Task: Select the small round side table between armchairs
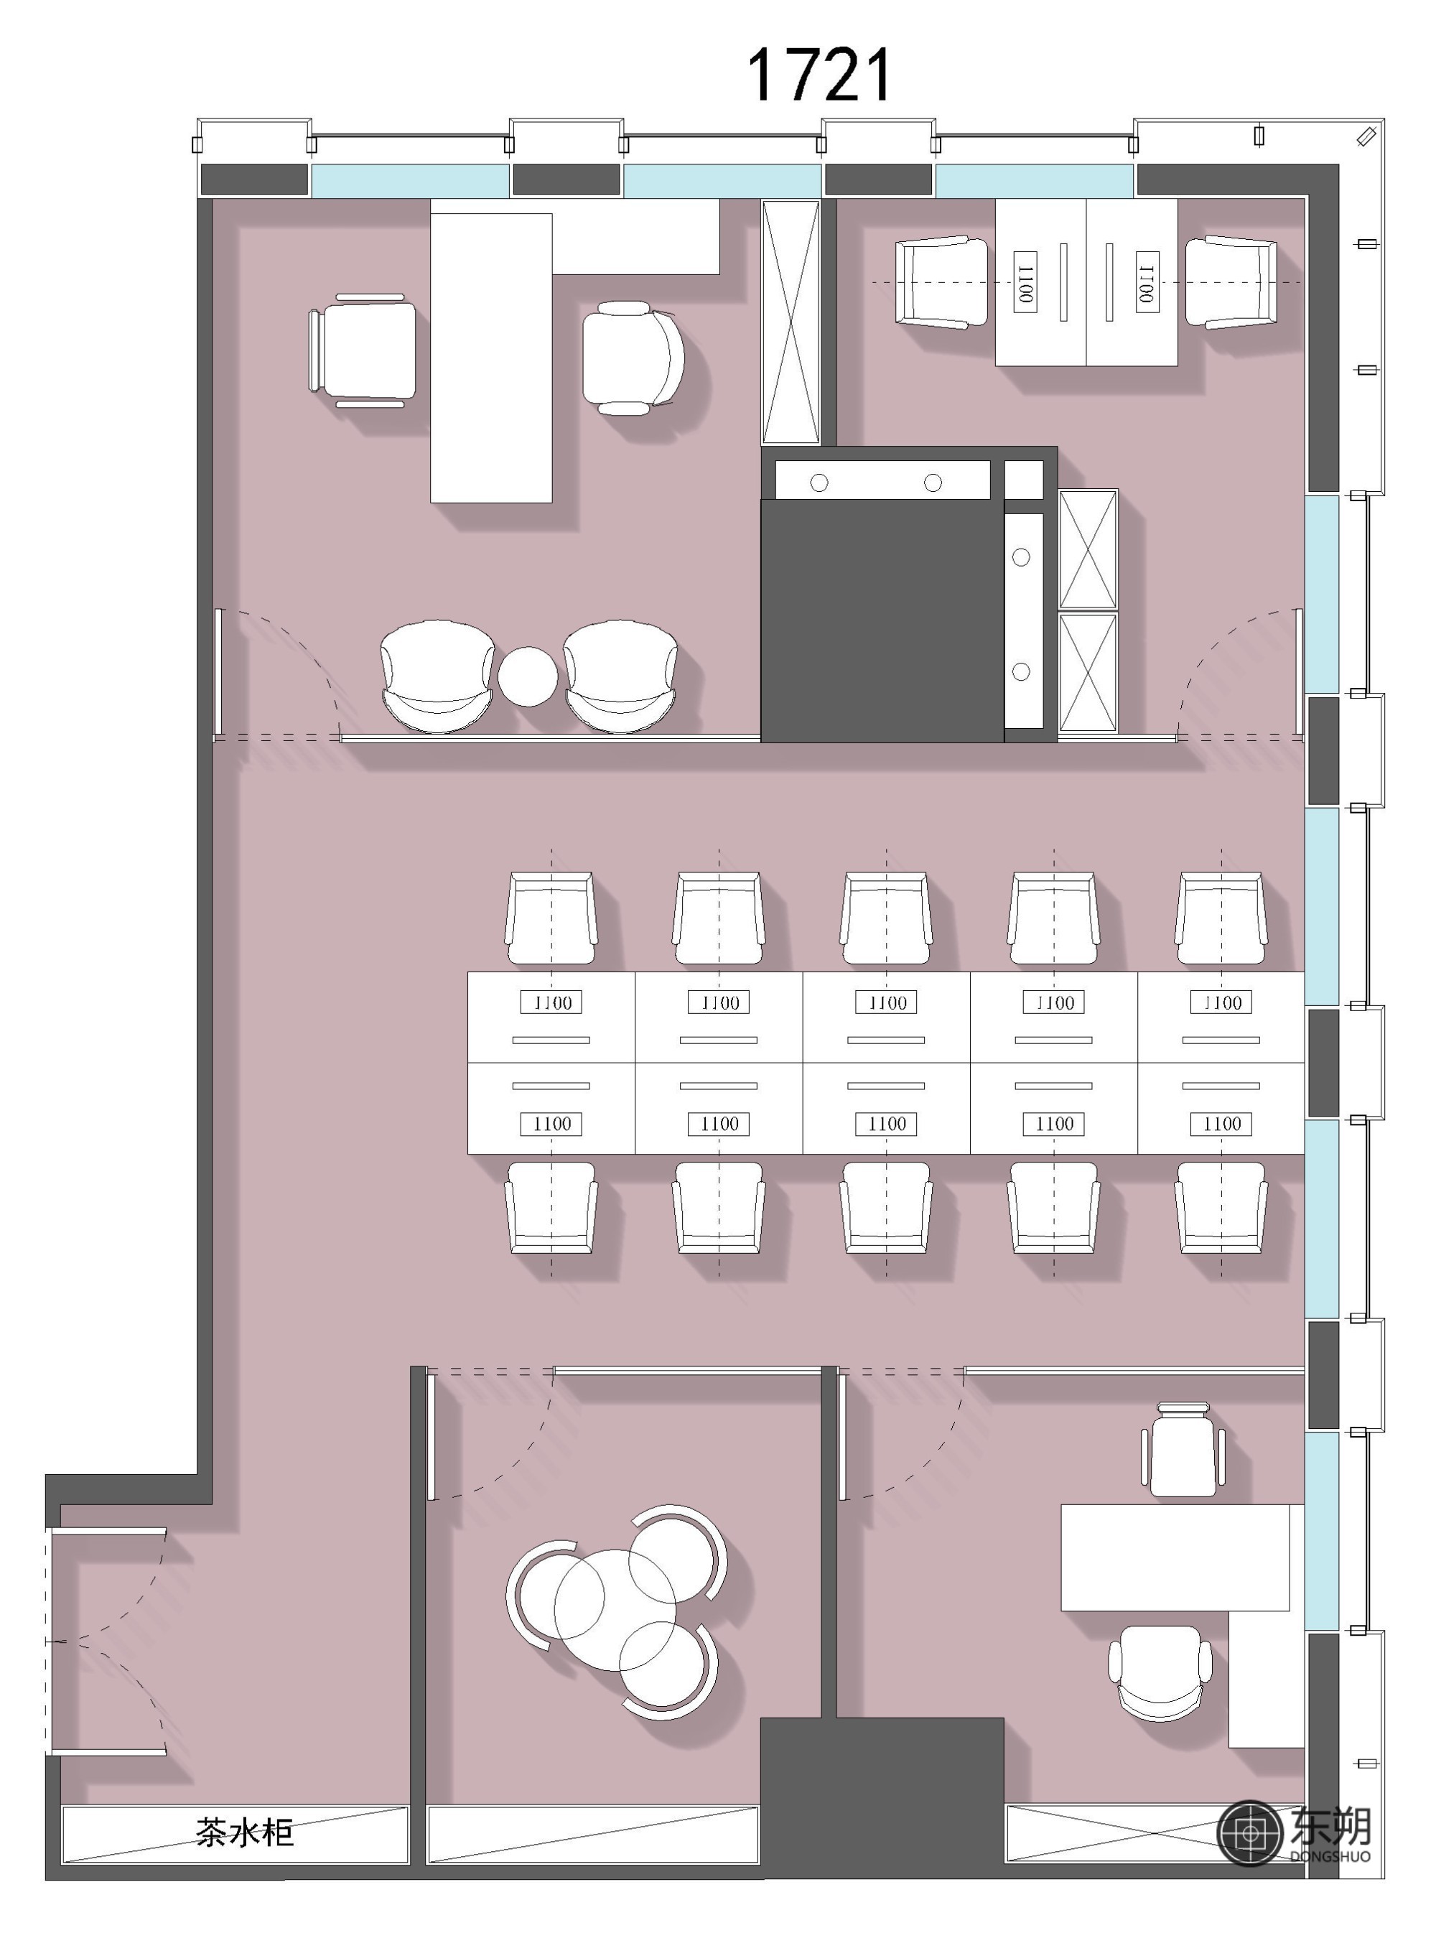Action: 528,676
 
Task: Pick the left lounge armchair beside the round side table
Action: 437,676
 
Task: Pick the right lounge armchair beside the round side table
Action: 620,676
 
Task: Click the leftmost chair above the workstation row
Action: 551,918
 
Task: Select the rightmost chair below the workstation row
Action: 1221,1208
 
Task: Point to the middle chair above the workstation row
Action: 887,918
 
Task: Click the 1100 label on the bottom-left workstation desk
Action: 552,1124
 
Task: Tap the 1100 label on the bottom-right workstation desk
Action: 1222,1124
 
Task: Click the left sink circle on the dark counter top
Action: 819,483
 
